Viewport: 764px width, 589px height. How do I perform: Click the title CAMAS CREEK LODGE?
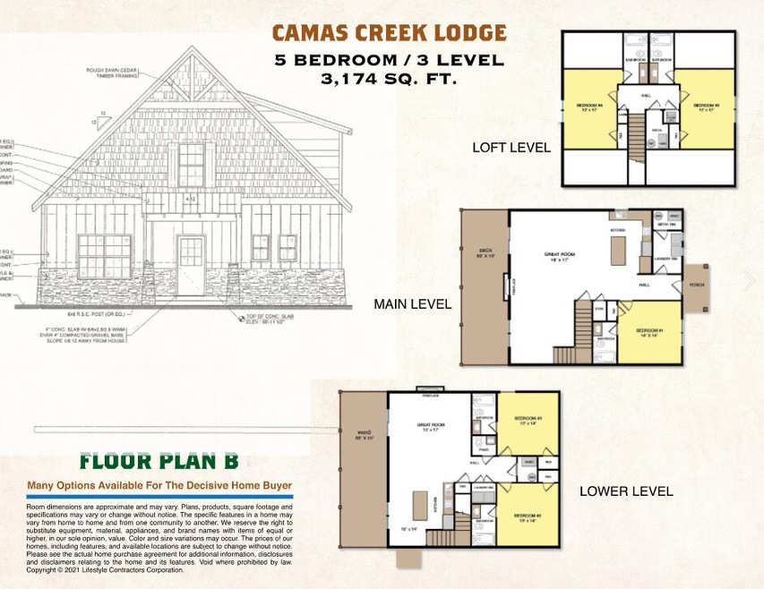[389, 34]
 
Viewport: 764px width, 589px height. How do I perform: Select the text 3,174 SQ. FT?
[389, 79]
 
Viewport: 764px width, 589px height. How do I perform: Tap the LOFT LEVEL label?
[511, 147]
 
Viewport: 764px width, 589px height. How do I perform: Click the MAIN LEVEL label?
[412, 305]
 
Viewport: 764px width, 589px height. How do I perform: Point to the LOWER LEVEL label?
[626, 491]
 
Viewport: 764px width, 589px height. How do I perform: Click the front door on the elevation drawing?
[190, 265]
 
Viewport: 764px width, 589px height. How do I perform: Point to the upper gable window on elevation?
[191, 165]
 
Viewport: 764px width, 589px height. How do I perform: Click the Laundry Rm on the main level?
[667, 259]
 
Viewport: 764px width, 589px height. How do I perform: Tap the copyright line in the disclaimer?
[105, 569]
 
